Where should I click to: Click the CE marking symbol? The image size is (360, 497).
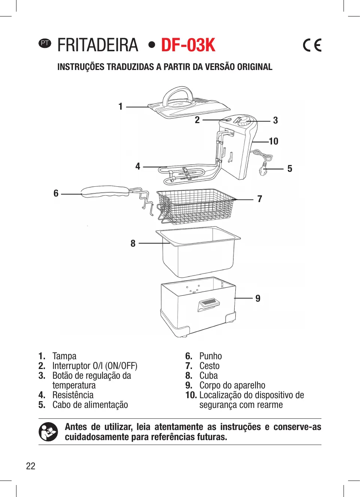pos(312,45)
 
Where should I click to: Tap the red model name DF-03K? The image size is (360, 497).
pos(188,45)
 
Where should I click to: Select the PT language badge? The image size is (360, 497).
pos(45,43)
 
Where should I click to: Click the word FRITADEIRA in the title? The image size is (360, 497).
pos(98,45)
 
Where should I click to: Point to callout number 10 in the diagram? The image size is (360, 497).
pos(274,141)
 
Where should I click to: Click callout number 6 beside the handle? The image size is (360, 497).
pos(56,193)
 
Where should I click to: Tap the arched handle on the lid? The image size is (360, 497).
pos(178,94)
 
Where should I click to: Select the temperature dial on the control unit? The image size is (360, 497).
pos(244,121)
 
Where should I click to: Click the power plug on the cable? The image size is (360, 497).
pos(264,170)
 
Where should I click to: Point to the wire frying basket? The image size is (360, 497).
pos(196,206)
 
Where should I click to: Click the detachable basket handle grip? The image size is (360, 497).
pos(105,191)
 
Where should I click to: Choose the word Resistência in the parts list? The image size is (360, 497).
pos(73,395)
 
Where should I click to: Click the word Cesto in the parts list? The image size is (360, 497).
pos(209,366)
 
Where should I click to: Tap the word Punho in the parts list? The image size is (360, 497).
pos(210,356)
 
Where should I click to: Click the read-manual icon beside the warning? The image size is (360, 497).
pos(48,432)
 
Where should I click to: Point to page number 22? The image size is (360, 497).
pos(31,466)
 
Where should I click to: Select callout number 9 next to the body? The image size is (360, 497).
pos(258,298)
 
